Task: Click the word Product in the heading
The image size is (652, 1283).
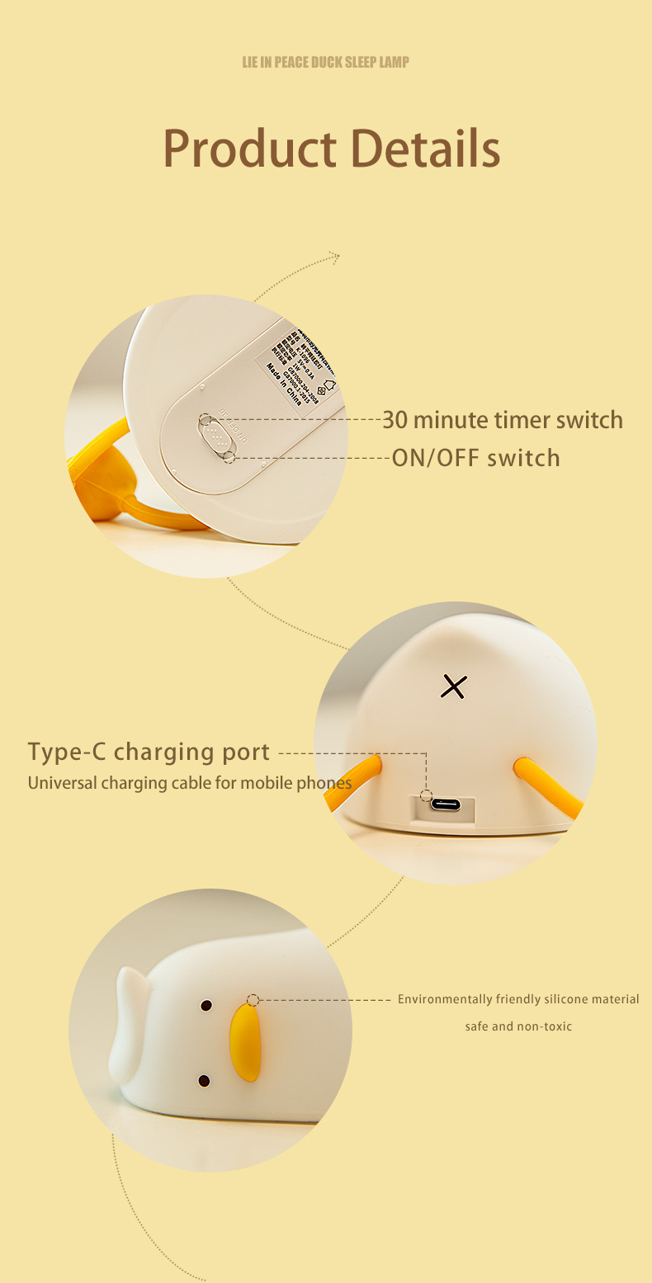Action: (250, 149)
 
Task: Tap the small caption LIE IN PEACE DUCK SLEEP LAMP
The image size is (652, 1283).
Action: (325, 62)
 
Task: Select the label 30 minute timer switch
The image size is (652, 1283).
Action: (502, 419)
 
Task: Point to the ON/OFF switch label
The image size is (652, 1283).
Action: (475, 458)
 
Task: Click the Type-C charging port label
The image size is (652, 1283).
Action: (149, 752)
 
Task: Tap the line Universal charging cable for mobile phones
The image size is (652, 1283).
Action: (190, 782)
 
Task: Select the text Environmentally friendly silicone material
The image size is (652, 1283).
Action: (518, 999)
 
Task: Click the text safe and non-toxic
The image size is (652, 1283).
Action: (518, 1026)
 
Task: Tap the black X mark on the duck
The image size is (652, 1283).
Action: (453, 686)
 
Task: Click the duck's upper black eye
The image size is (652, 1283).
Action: (206, 1006)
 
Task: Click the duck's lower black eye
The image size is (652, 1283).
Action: (204, 1081)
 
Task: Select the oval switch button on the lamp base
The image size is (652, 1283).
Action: (215, 434)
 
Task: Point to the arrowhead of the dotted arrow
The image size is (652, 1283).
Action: (334, 257)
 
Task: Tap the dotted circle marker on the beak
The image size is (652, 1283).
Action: (253, 1000)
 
